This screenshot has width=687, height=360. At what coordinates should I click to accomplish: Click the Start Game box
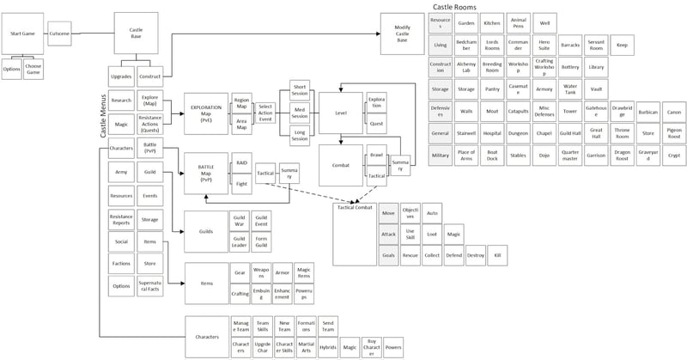[x=21, y=33]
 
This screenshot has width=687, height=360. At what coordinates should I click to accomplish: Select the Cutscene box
[x=59, y=33]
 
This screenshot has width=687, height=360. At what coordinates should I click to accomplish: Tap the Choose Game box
[x=33, y=69]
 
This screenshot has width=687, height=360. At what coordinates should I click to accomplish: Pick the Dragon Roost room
[x=621, y=155]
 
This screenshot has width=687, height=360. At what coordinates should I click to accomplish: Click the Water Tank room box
[x=570, y=88]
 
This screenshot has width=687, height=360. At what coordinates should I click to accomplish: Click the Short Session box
[x=300, y=91]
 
